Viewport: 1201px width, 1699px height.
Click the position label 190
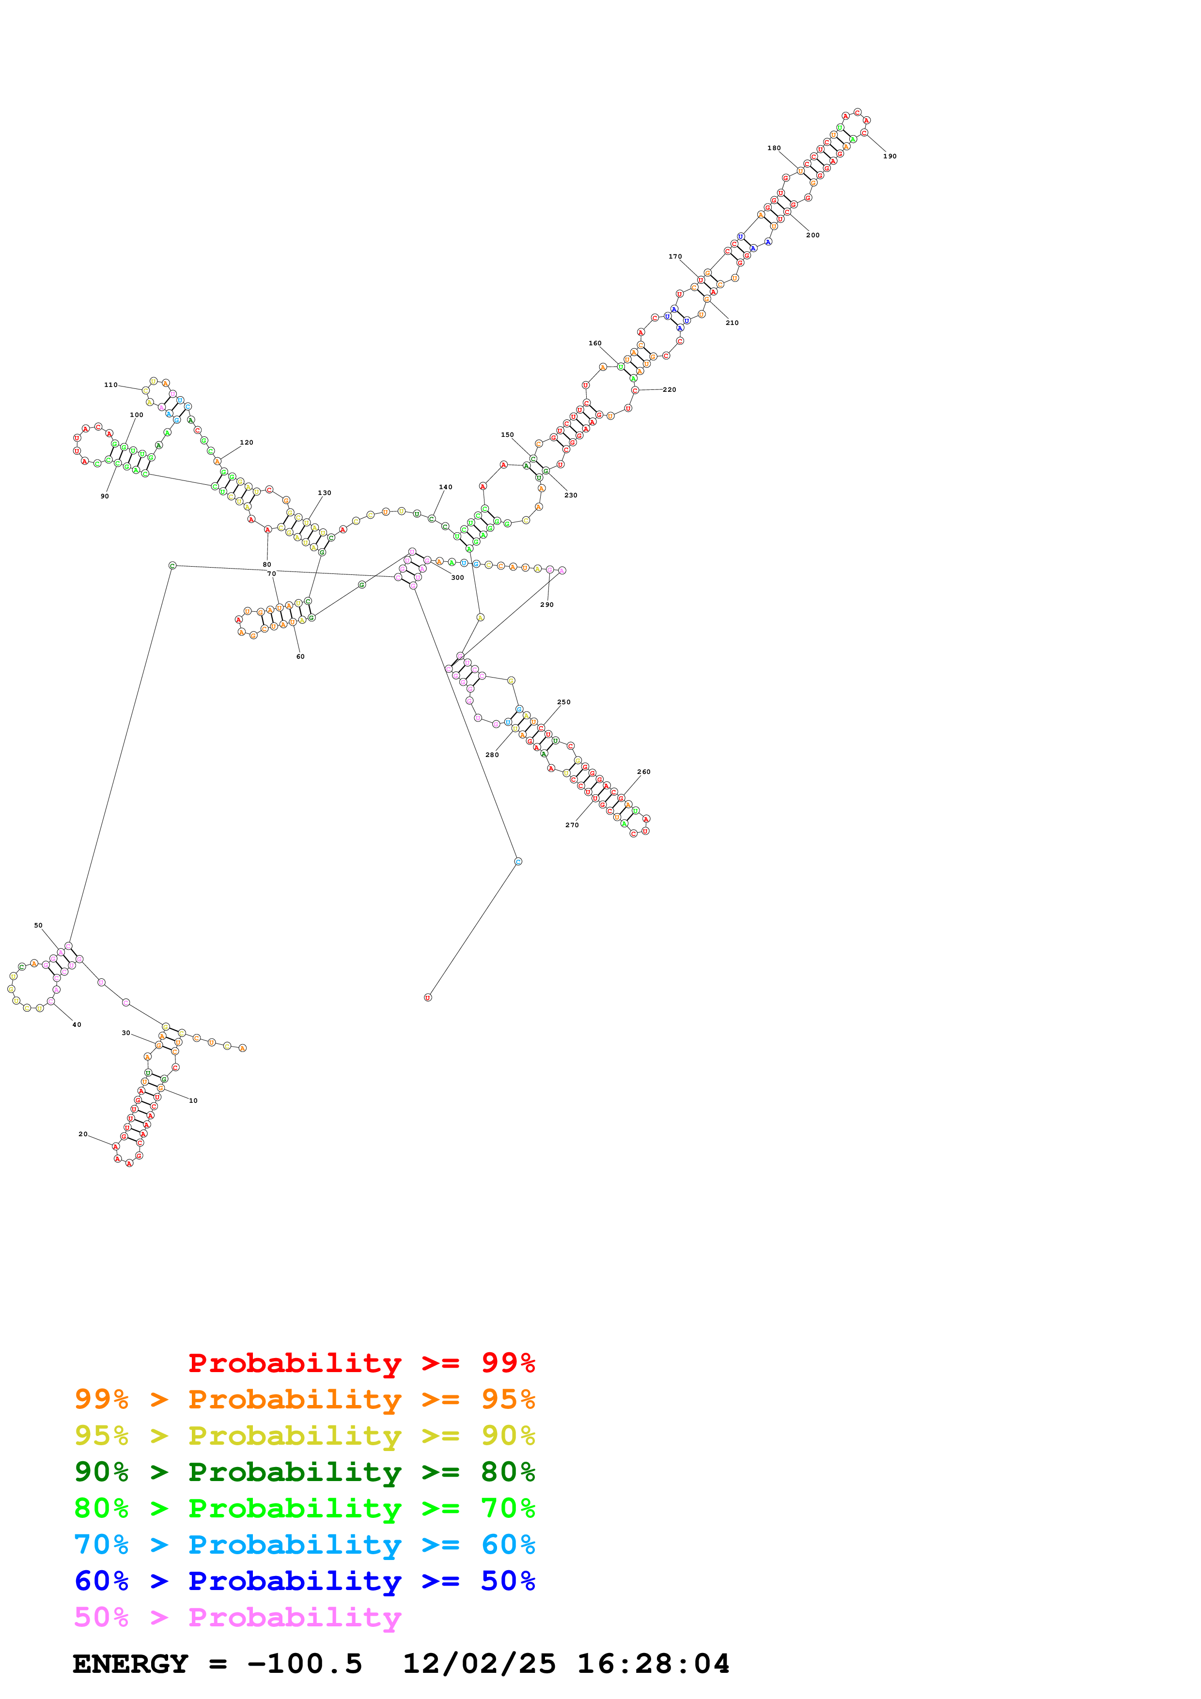click(889, 156)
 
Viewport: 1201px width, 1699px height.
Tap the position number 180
click(774, 148)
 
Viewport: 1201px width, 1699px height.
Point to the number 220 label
click(669, 390)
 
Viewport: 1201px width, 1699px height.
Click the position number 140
click(446, 487)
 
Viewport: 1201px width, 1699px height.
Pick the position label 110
click(110, 385)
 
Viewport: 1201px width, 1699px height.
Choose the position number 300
click(457, 578)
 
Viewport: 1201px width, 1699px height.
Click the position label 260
click(644, 772)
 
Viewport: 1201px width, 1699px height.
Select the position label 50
click(38, 926)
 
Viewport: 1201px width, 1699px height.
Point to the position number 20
click(83, 1134)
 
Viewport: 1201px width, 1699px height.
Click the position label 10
click(193, 1101)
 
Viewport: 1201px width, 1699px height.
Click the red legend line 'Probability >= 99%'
click(361, 1363)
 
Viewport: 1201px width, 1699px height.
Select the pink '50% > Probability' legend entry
click(237, 1618)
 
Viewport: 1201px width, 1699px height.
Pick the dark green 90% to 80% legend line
click(304, 1472)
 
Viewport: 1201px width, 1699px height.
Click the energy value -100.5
click(304, 1664)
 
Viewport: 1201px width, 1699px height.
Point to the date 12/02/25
click(479, 1664)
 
